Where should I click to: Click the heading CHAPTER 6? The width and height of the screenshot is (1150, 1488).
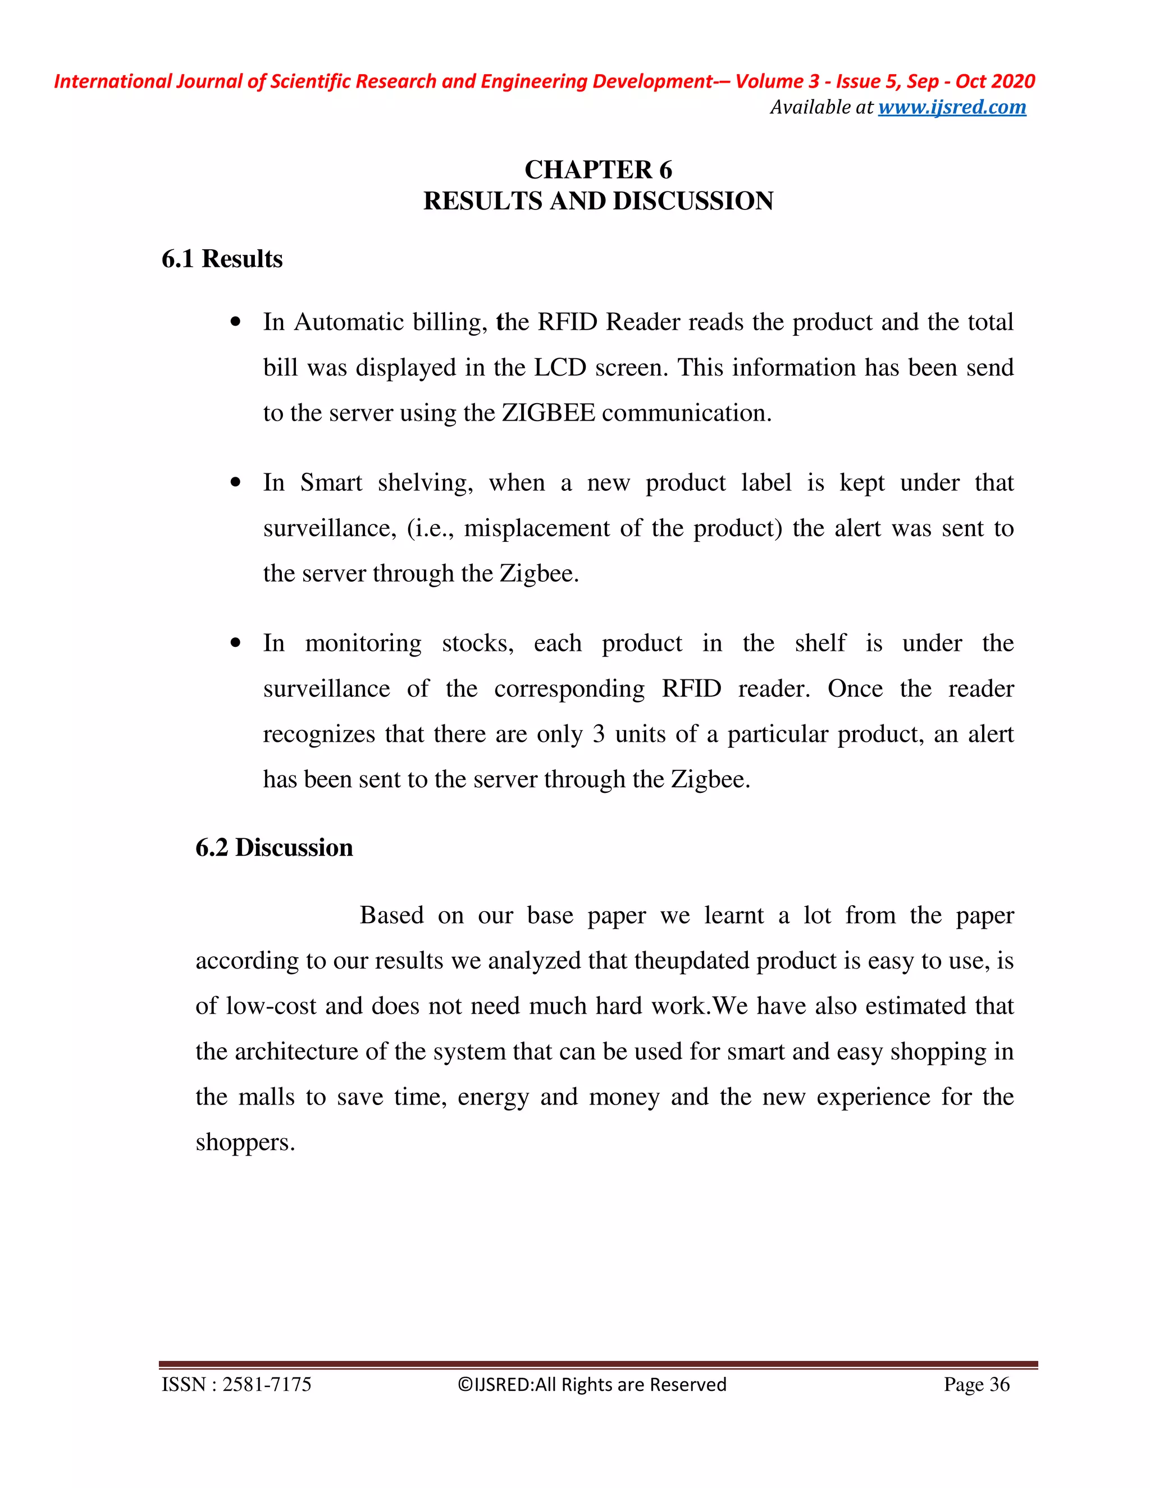point(597,170)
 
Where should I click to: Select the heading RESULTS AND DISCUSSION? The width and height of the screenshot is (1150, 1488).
point(597,201)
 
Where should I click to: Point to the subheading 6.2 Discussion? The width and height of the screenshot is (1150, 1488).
point(274,847)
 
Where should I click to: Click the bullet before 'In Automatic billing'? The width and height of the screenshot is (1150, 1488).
point(236,322)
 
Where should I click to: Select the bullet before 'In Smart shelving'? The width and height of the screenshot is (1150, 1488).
point(236,483)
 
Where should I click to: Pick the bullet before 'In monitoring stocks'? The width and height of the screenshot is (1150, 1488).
point(236,643)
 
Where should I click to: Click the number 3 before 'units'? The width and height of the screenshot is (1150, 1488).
point(598,734)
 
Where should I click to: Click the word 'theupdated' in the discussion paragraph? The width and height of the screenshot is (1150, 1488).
point(691,961)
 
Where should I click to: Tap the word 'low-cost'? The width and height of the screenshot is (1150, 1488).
point(271,1006)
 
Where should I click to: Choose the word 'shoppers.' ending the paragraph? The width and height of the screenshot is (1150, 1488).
point(245,1143)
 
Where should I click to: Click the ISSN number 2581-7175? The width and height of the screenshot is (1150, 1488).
point(266,1385)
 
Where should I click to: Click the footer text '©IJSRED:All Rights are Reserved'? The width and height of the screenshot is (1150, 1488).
point(592,1385)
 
